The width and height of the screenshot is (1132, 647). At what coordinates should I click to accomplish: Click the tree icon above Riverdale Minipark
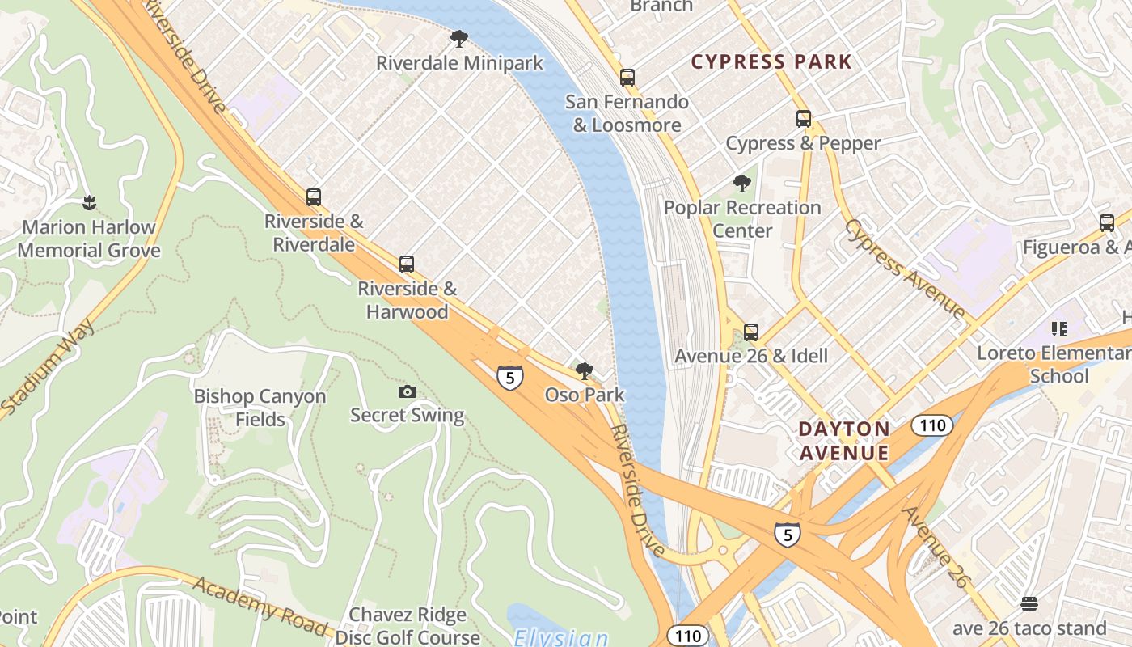click(459, 39)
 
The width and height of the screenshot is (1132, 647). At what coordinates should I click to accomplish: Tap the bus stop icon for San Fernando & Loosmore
click(627, 78)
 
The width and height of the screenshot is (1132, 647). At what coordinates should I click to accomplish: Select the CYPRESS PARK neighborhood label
click(771, 62)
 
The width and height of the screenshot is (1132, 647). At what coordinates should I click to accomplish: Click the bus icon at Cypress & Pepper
click(803, 119)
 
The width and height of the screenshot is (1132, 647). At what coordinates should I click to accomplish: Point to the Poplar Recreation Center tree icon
click(741, 184)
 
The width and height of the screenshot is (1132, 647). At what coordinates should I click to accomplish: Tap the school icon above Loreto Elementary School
click(1058, 328)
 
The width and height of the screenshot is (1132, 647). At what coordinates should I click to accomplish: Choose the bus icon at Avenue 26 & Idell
click(751, 332)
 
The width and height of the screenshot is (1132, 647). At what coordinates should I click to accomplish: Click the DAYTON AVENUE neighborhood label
click(844, 441)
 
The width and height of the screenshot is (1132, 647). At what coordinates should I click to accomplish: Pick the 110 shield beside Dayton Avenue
click(931, 425)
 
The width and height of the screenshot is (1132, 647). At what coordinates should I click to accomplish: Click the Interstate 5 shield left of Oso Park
click(509, 378)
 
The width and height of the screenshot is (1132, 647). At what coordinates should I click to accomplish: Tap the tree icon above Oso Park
click(584, 371)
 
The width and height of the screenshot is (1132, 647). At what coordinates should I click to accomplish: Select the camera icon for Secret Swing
click(408, 392)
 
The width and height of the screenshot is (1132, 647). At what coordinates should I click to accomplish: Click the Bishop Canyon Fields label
click(260, 408)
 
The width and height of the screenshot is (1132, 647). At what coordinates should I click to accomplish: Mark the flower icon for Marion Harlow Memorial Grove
click(89, 201)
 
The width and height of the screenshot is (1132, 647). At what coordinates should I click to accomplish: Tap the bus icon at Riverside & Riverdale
click(314, 197)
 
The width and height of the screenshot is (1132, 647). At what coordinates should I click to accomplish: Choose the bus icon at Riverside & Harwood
click(407, 264)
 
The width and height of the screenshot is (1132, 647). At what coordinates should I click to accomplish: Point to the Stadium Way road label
click(49, 368)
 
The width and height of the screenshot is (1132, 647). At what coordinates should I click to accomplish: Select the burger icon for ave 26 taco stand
click(1029, 604)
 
